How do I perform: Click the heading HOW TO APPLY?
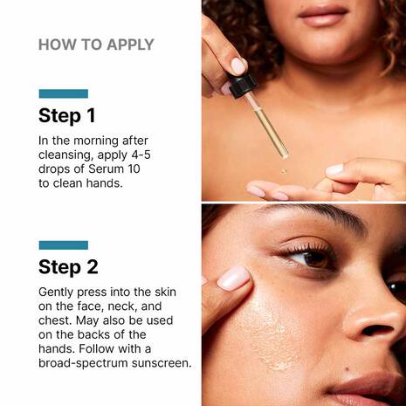pyautogui.click(x=96, y=45)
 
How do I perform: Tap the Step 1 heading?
pyautogui.click(x=66, y=115)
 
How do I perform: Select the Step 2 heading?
pyautogui.click(x=67, y=266)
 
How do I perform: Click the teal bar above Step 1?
pyautogui.click(x=63, y=93)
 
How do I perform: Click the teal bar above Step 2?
pyautogui.click(x=63, y=245)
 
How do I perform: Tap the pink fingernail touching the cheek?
pyautogui.click(x=233, y=278)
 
